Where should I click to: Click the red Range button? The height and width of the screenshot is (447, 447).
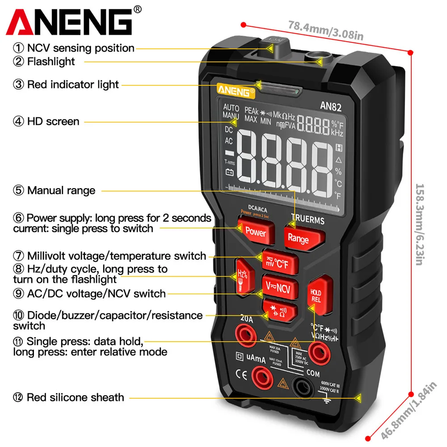tap(298, 237)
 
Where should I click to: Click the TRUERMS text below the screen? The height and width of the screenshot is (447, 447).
tap(308, 220)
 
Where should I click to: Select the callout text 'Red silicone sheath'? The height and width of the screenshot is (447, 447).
tap(75, 397)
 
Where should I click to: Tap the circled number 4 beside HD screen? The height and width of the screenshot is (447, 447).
tap(18, 121)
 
